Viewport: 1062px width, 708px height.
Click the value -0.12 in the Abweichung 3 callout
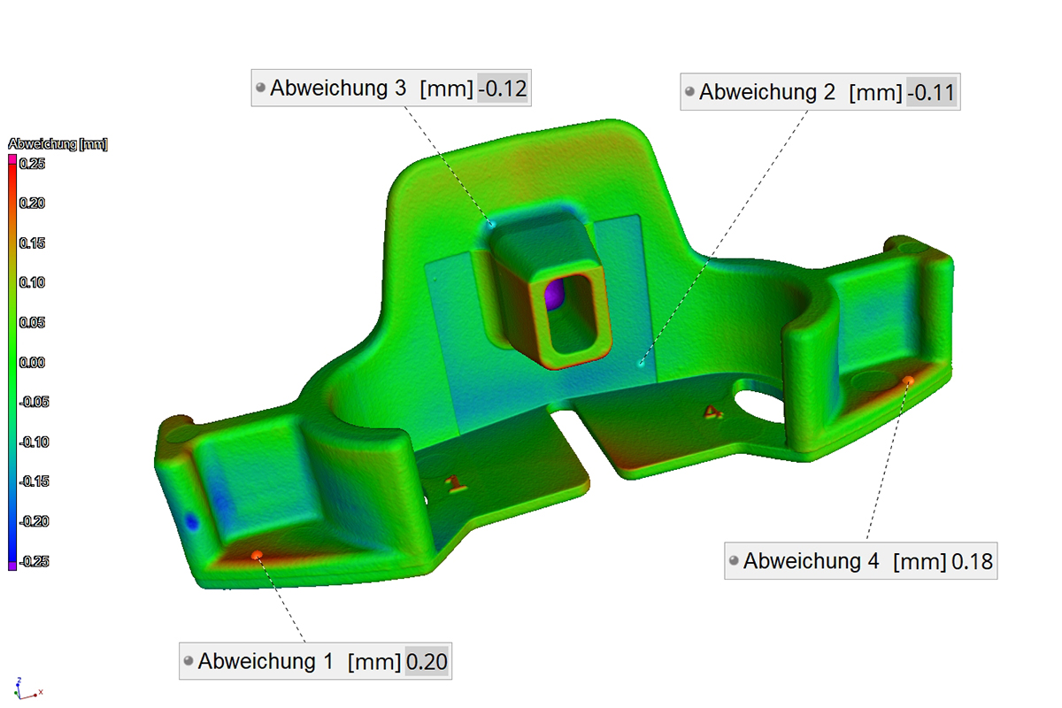click(x=503, y=88)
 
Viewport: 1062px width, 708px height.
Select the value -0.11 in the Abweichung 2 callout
click(x=931, y=92)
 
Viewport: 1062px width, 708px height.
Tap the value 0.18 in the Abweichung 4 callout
click(x=972, y=561)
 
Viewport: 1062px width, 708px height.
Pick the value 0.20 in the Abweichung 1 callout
click(x=427, y=662)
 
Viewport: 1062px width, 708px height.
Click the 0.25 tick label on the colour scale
click(x=32, y=164)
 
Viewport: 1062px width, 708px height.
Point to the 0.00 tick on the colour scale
click(x=32, y=362)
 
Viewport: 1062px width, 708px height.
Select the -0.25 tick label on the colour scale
click(x=34, y=561)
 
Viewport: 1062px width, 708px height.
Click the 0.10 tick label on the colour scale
click(x=32, y=282)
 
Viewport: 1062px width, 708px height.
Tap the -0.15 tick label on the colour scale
click(x=34, y=481)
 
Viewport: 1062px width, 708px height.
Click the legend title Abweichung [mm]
click(x=58, y=143)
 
